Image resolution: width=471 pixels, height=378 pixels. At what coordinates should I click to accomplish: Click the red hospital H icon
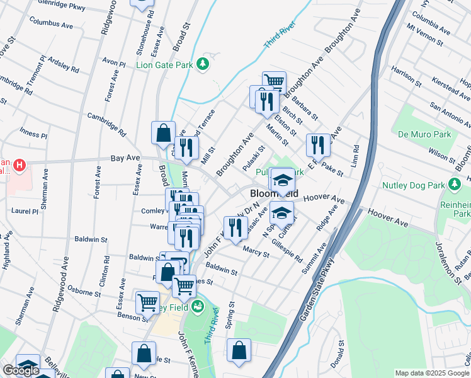[x=20, y=166]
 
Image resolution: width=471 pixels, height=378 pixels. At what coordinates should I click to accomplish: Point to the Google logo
[x=21, y=371]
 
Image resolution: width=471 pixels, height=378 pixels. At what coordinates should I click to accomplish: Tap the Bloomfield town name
[x=274, y=194]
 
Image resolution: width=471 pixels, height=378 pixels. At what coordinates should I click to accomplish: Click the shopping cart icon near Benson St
[x=147, y=301]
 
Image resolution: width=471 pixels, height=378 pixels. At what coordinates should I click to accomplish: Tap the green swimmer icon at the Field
[x=198, y=307]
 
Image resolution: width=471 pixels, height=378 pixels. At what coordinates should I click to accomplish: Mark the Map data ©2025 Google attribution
[x=433, y=373]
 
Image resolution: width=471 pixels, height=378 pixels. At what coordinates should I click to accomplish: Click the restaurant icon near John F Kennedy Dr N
[x=235, y=227]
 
